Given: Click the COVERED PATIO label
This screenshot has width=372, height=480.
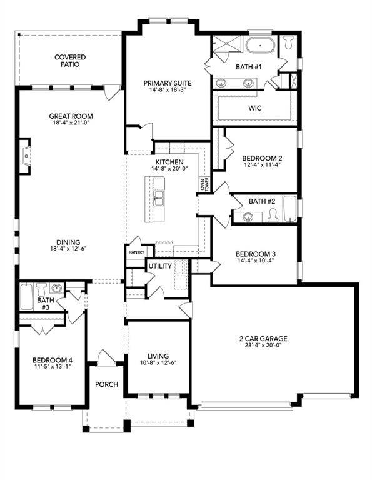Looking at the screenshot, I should [x=69, y=61].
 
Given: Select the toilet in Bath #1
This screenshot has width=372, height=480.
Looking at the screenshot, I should [x=288, y=42].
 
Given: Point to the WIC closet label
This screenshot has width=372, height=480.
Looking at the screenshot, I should [x=254, y=108].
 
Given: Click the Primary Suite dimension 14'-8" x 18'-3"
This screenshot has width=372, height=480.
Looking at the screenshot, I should [x=167, y=90].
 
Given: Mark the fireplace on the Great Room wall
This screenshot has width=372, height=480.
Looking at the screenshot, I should [x=25, y=159].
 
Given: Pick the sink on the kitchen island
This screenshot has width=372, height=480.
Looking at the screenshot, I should [x=159, y=199].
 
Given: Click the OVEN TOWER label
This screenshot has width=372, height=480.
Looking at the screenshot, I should [x=204, y=184].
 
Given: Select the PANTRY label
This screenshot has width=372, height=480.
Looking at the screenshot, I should [x=137, y=252].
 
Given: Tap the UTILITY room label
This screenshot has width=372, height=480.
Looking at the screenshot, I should [x=159, y=266].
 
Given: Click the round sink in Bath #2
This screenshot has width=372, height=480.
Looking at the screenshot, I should [x=248, y=217].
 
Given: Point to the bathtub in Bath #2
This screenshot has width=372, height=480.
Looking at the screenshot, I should [x=290, y=209].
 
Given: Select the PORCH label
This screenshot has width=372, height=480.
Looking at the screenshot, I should [x=107, y=384].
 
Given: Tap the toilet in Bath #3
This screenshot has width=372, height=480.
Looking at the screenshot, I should [x=42, y=290].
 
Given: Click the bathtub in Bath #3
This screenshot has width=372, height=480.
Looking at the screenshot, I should [x=26, y=296].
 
